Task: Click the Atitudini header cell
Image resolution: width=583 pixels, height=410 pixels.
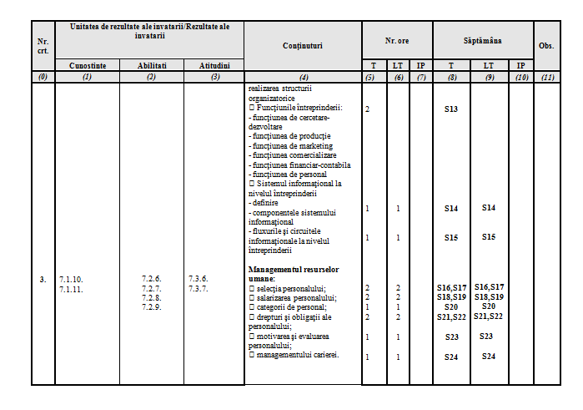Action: [214, 65]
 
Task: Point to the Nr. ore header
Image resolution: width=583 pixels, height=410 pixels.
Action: [397, 40]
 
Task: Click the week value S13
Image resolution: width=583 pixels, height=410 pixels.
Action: [451, 109]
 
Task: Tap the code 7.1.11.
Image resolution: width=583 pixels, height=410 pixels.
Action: [72, 288]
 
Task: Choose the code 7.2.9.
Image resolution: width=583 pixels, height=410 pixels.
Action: [151, 306]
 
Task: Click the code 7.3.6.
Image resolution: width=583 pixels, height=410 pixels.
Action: [199, 279]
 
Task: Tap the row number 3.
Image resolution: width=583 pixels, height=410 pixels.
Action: [43, 279]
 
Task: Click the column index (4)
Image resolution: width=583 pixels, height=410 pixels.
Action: [302, 78]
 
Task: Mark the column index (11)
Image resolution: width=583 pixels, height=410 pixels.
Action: [546, 78]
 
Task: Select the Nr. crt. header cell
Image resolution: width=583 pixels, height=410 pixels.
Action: [43, 46]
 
